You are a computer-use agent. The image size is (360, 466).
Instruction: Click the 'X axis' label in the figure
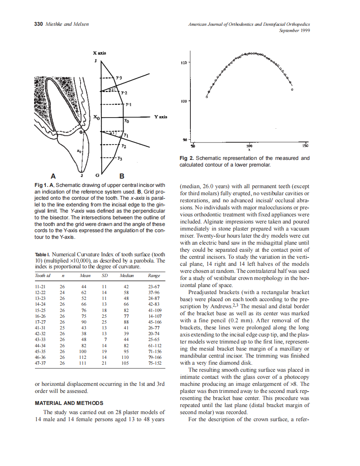99,53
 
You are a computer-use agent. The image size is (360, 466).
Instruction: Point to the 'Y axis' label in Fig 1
160,117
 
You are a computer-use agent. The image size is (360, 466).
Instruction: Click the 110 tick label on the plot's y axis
183,63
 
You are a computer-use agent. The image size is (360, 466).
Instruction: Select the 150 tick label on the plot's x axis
305,146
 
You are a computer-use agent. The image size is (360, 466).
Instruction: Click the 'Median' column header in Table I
126,275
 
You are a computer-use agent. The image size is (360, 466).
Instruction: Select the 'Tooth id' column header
42,275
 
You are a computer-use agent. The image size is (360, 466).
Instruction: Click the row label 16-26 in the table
41,316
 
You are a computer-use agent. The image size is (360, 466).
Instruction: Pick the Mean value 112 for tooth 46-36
83,357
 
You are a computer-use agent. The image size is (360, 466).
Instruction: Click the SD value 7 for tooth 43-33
105,339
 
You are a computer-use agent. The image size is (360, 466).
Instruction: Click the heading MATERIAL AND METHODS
69,403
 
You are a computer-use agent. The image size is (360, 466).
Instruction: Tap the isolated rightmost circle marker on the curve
293,90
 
